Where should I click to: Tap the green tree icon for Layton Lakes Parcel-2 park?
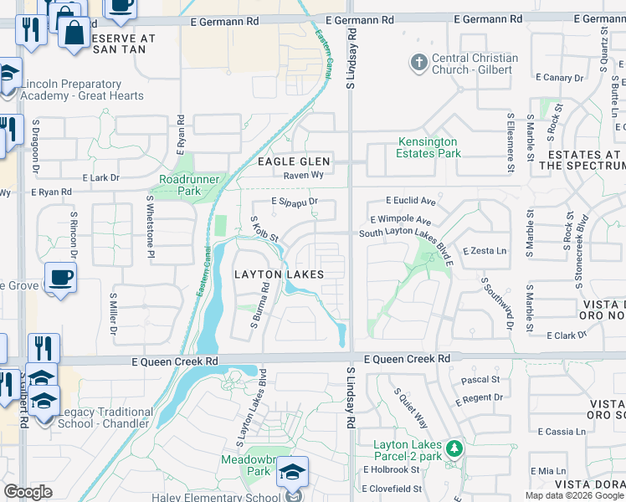pyautogui.click(x=454, y=449)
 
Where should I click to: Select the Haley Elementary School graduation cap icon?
pyautogui.click(x=293, y=472)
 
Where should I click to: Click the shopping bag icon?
pyautogui.click(x=74, y=33)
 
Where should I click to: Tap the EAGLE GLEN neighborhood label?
pyautogui.click(x=294, y=161)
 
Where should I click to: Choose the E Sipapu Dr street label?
pyautogui.click(x=295, y=202)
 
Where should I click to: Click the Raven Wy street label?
pyautogui.click(x=303, y=176)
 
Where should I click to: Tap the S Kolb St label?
pyautogui.click(x=264, y=231)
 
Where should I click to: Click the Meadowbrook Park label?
pyautogui.click(x=248, y=465)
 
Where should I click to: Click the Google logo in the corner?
pyautogui.click(x=28, y=492)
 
